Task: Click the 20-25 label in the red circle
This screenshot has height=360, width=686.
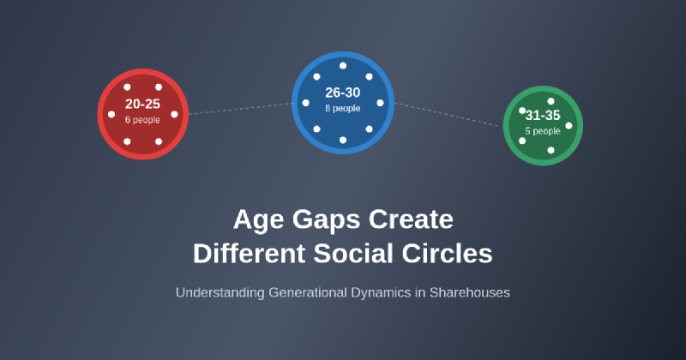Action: [x=142, y=104]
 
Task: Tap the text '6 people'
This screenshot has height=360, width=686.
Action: [x=142, y=119]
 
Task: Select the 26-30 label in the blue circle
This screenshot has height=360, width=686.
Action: [x=342, y=93]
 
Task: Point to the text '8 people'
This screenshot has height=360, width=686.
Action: [x=342, y=108]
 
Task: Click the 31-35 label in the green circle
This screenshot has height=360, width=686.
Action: [x=543, y=115]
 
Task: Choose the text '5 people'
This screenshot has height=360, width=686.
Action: [x=543, y=131]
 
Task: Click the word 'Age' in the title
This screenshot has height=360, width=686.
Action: [x=258, y=219]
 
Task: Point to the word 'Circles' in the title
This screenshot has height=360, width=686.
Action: [x=449, y=254]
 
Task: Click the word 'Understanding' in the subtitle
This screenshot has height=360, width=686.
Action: [x=220, y=292]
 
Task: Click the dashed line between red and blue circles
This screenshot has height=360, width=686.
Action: [x=240, y=109]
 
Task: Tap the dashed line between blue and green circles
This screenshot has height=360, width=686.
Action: [x=448, y=115]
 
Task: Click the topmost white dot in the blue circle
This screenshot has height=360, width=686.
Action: [x=343, y=65]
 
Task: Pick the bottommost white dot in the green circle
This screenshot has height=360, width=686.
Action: [x=551, y=150]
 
